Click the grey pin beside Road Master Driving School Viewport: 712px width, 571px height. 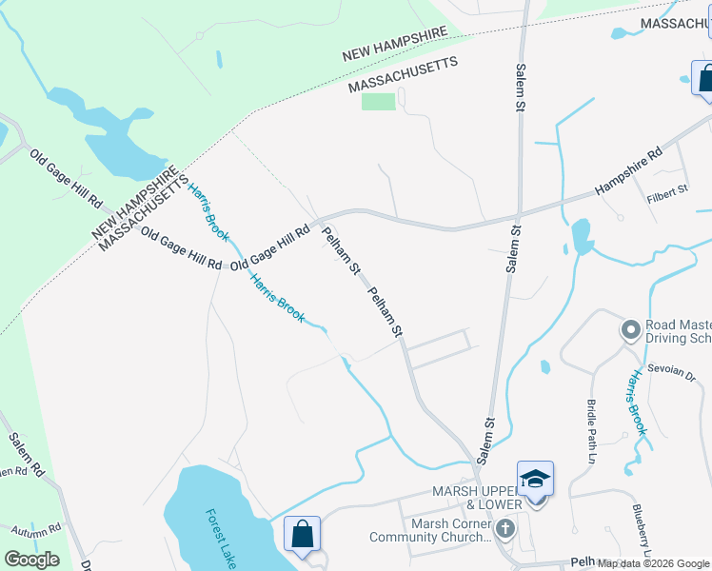pos(629,330)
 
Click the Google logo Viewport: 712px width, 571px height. pos(31,560)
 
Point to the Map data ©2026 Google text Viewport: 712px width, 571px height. pos(653,563)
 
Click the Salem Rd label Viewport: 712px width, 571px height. pos(27,454)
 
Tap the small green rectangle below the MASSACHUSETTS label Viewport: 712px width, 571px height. pos(378,101)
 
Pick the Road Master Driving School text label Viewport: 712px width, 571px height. pos(678,331)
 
